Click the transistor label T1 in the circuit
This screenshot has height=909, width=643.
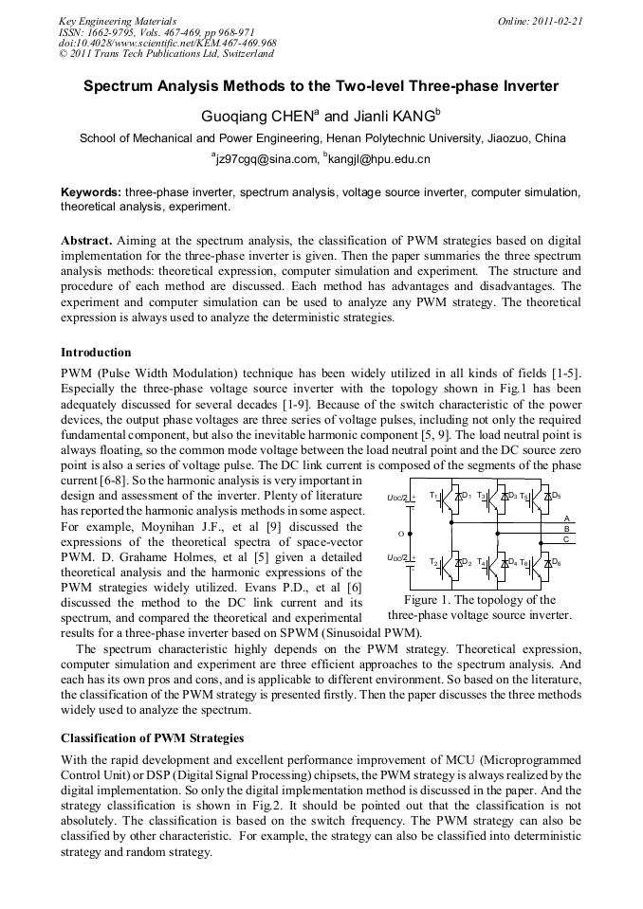[433, 496]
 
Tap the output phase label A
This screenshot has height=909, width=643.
[566, 518]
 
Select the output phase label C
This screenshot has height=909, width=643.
[566, 539]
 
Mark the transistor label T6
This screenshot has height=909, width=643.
[524, 563]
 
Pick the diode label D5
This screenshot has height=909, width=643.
[556, 496]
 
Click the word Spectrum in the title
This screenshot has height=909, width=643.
[120, 86]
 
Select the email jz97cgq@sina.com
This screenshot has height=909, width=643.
[262, 159]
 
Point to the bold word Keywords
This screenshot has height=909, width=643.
[91, 192]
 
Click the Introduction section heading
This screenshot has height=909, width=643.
[96, 353]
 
